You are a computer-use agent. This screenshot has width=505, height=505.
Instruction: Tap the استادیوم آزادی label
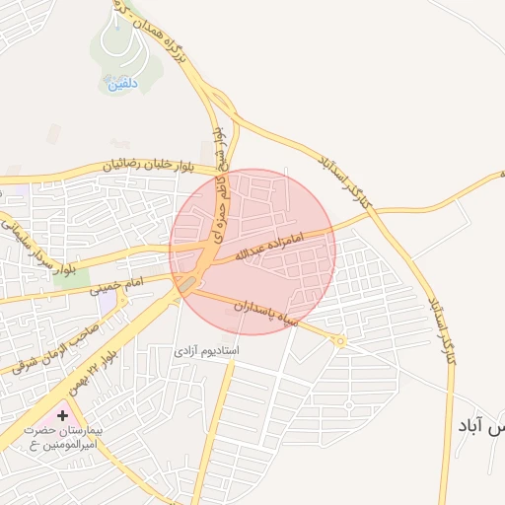point(207,350)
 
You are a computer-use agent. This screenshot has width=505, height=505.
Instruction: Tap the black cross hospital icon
point(63,416)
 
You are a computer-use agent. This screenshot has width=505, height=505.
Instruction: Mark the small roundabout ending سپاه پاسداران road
point(340,340)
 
